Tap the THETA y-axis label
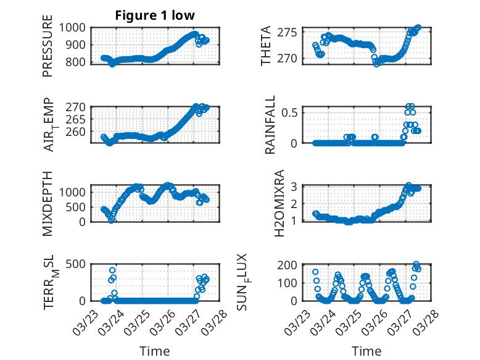tap(266, 46)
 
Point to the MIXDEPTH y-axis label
tap(48, 203)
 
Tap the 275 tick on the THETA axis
tap(290, 32)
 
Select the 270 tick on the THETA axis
tap(290, 58)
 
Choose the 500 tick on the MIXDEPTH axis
tap(78, 207)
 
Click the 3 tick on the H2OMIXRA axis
tap(296, 186)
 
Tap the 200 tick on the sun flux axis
tap(290, 266)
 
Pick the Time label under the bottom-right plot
tap(366, 351)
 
